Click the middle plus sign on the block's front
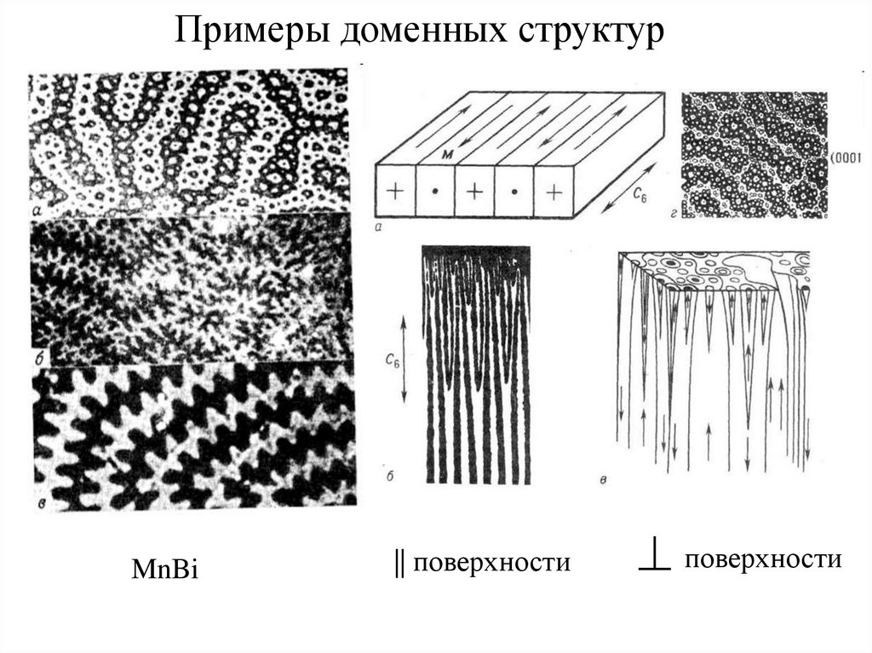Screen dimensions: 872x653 [474, 192]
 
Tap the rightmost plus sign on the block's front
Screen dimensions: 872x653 [554, 192]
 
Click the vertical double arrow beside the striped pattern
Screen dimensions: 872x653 [404, 357]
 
